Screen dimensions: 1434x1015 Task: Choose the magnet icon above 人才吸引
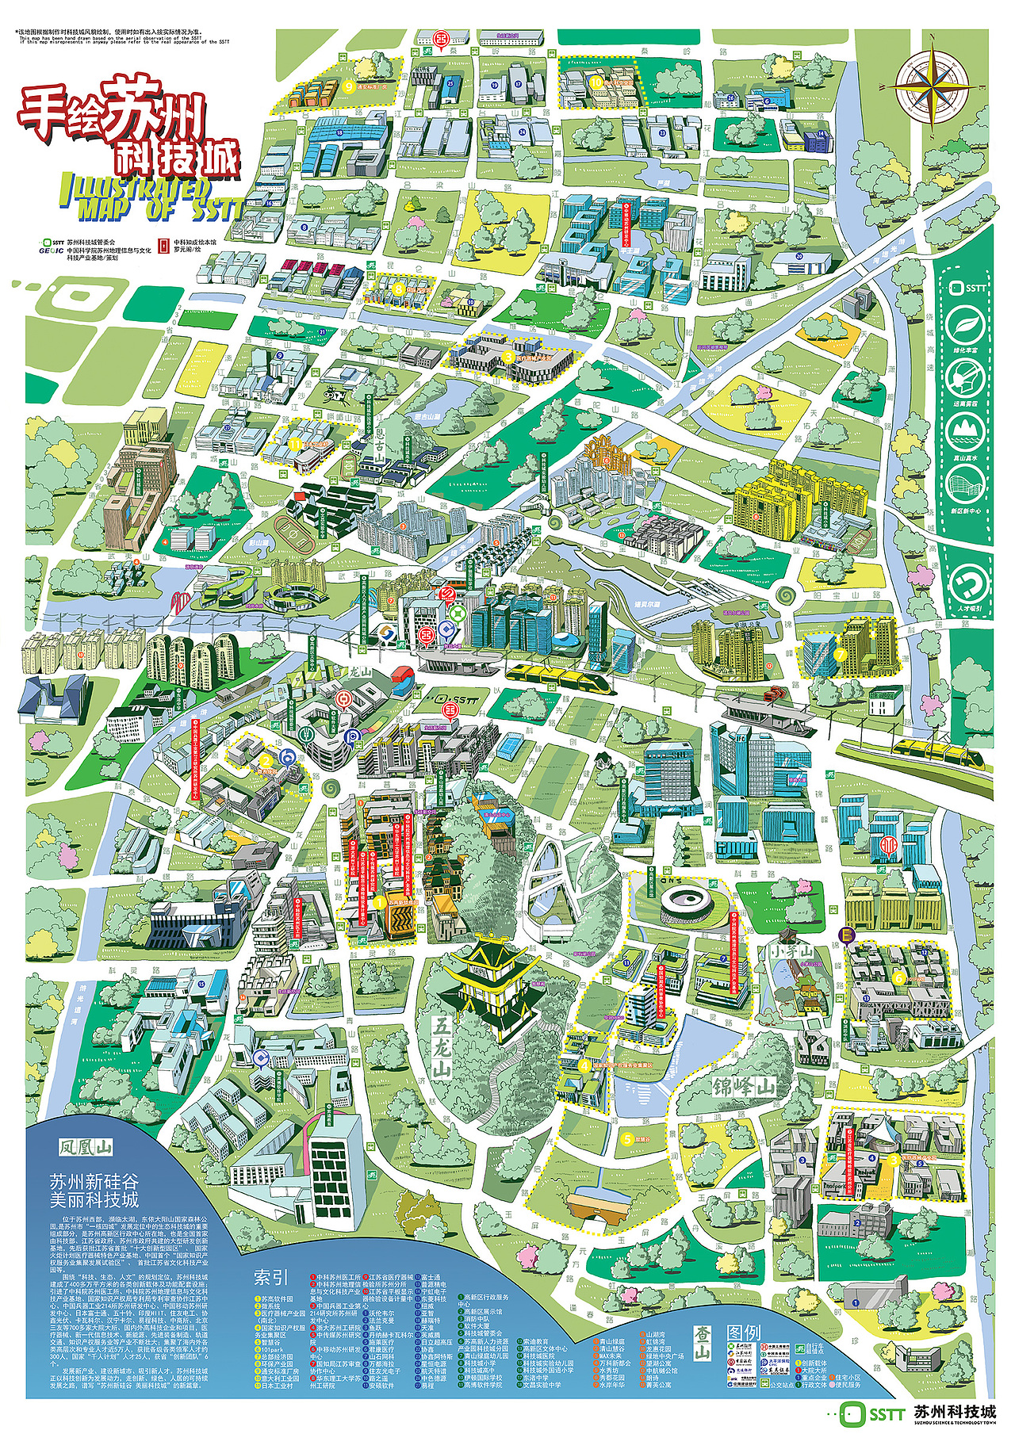point(965,584)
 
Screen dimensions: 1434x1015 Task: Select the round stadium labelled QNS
point(684,899)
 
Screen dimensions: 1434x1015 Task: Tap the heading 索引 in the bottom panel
point(270,1277)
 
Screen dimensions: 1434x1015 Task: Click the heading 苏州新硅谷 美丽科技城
point(94,1189)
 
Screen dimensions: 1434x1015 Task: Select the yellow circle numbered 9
point(348,88)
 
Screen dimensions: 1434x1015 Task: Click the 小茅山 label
point(795,950)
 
